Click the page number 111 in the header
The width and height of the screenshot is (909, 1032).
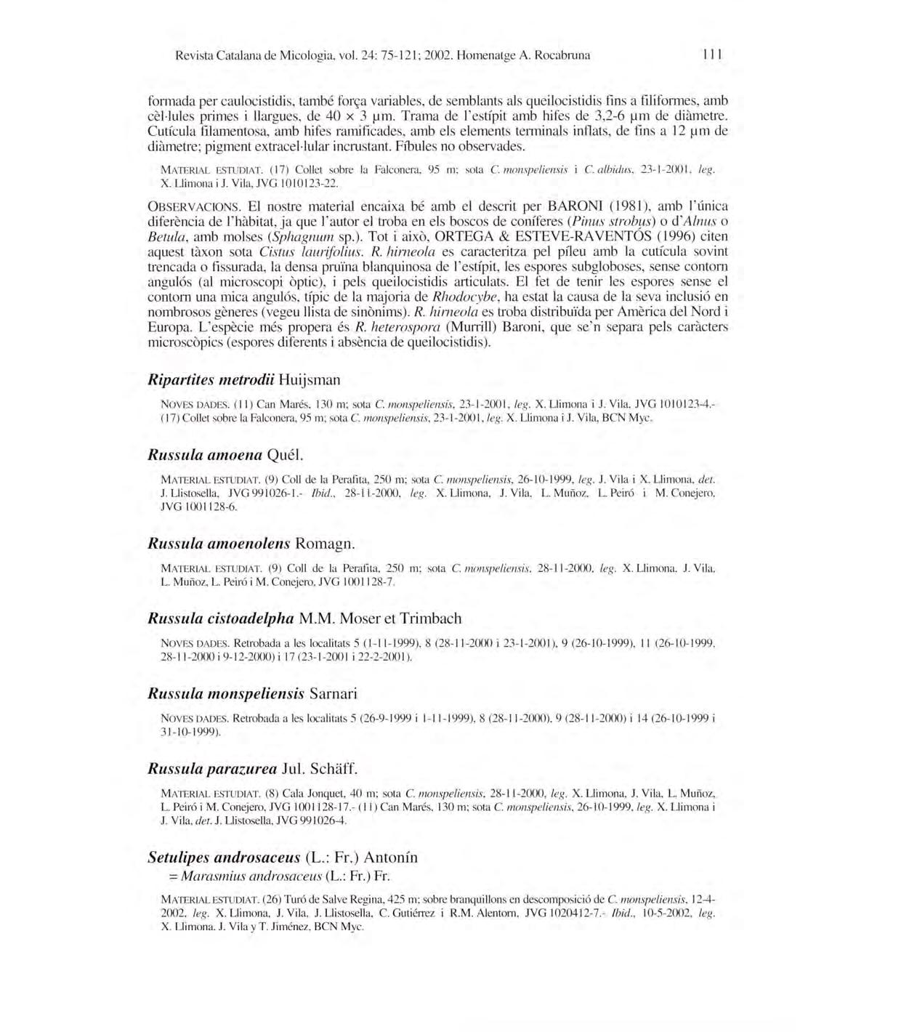[x=712, y=55]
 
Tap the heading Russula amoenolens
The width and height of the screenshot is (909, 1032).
[x=219, y=544]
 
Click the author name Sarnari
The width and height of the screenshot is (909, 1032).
[x=333, y=693]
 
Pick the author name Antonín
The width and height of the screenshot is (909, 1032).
[x=391, y=858]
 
